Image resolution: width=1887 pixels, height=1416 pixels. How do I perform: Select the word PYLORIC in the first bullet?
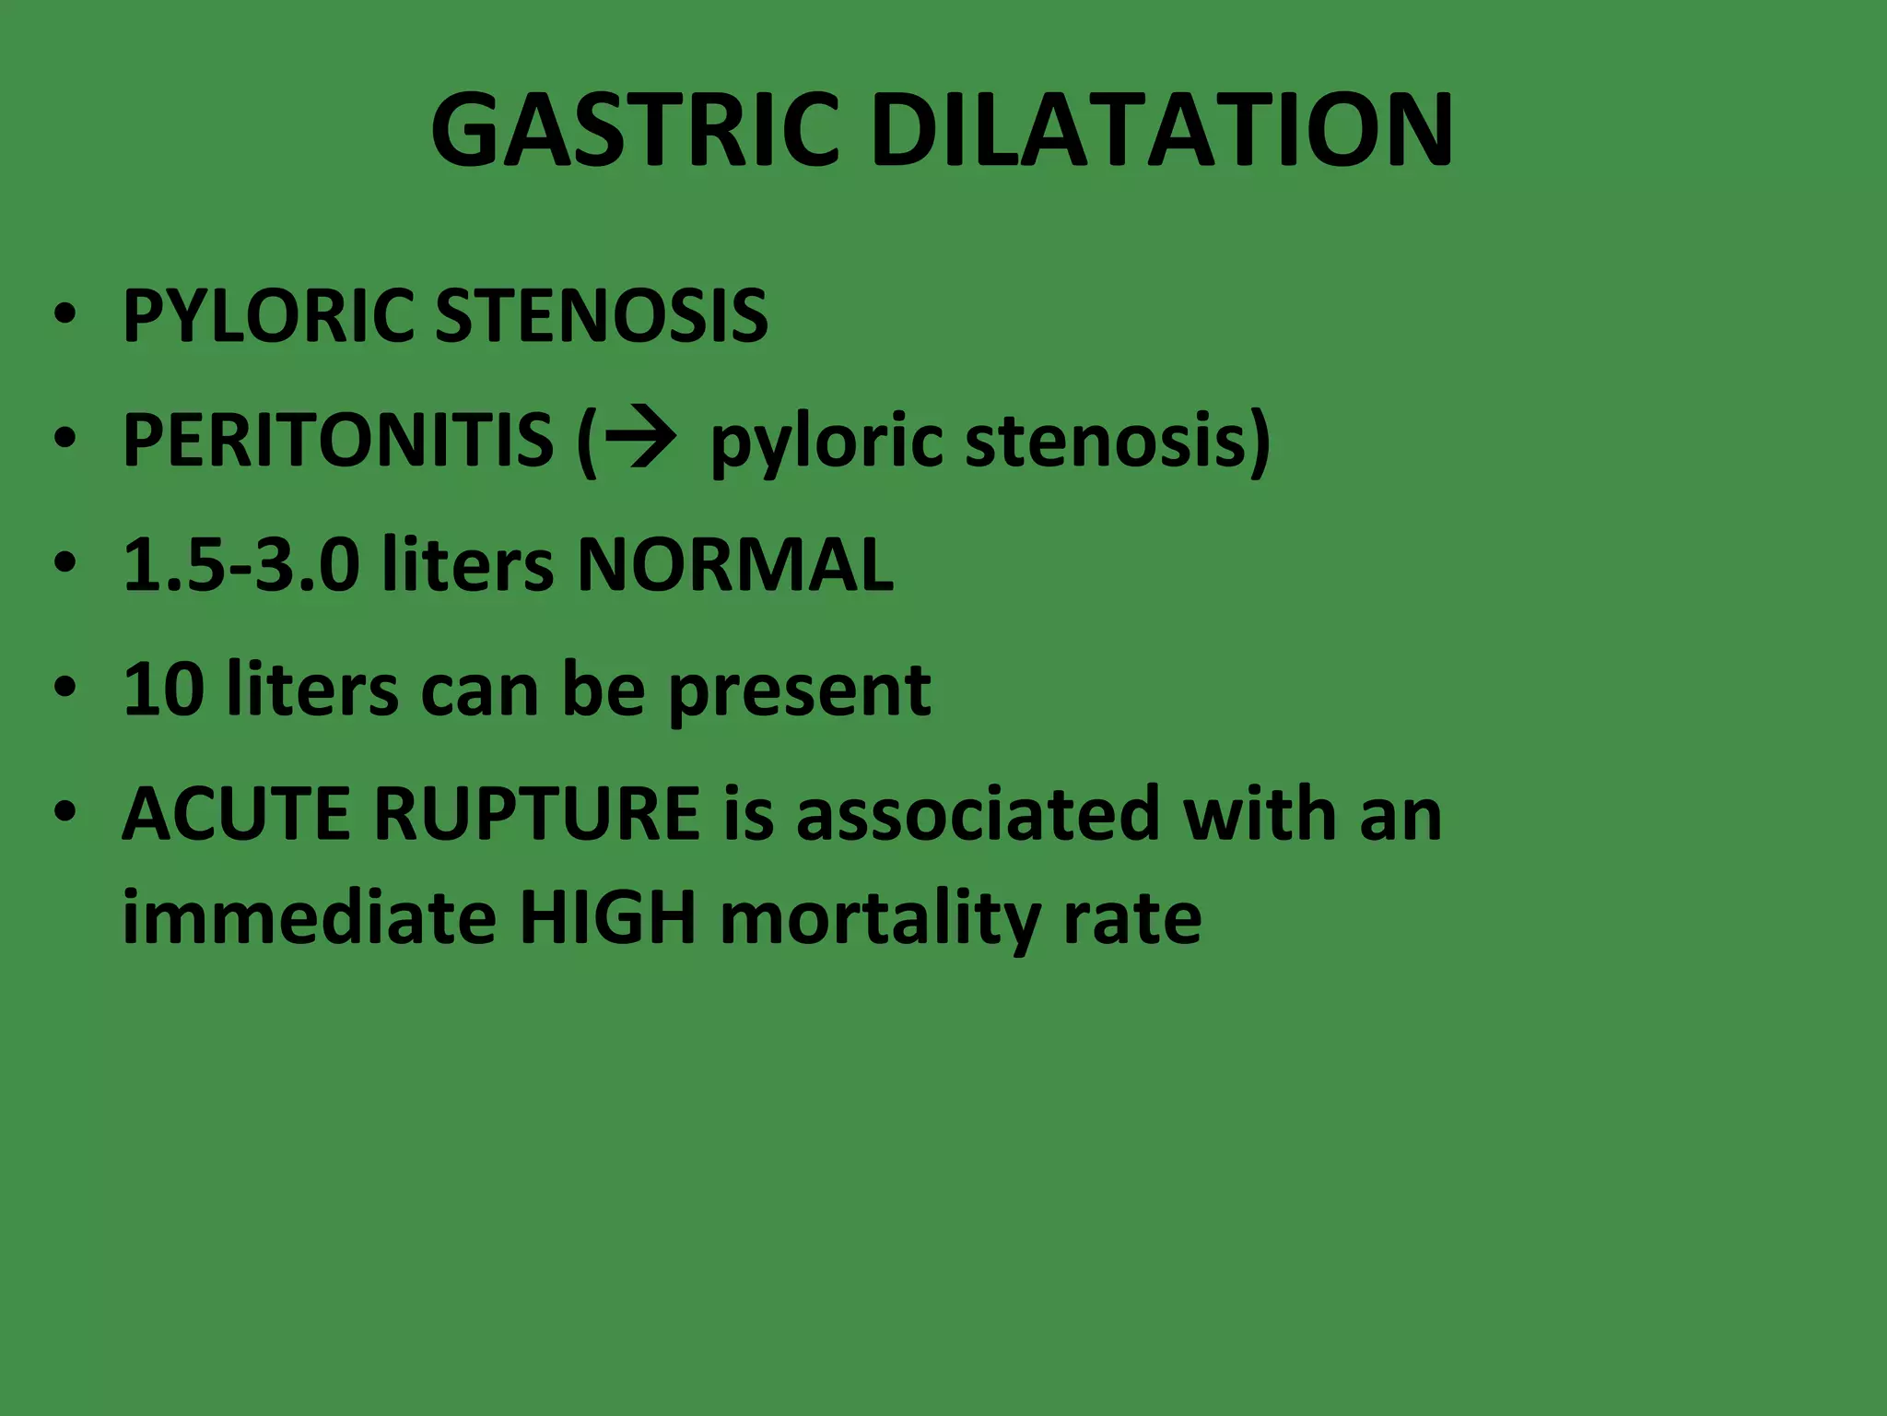267,316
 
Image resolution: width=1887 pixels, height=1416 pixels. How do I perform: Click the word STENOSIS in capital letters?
601,316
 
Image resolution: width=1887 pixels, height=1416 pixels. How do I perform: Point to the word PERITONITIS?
337,440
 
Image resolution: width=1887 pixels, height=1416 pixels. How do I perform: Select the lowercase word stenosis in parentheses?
1106,440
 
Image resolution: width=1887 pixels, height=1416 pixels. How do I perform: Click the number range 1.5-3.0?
240,564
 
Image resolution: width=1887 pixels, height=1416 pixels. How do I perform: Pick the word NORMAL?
735,564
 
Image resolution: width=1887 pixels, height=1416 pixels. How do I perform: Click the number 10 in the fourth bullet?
163,689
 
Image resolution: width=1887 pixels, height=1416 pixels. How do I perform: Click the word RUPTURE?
536,814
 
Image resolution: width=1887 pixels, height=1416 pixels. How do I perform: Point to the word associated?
977,814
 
